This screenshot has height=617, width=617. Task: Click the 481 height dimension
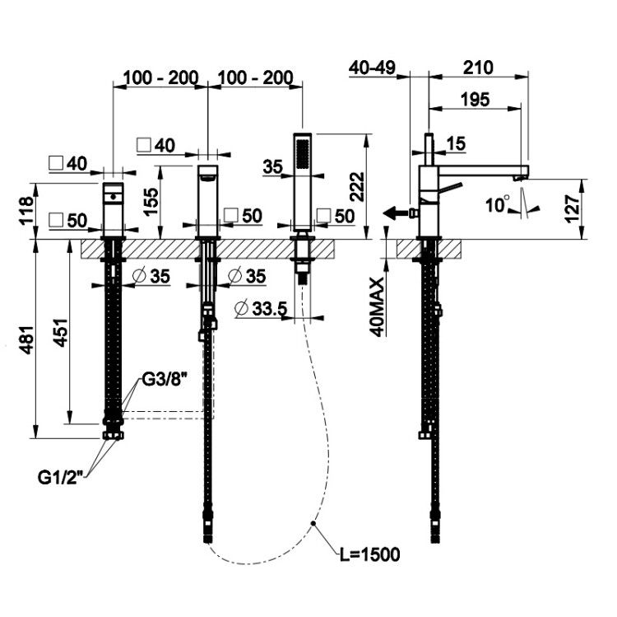point(27,339)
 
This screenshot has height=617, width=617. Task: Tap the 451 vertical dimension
point(61,333)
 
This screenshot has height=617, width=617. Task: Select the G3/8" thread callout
point(164,380)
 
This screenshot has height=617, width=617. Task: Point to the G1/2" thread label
point(61,478)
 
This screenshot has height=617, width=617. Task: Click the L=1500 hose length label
point(370,554)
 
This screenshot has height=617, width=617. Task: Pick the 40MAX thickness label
point(378,307)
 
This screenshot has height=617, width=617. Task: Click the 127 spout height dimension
point(573,208)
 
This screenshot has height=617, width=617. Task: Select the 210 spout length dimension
point(478,68)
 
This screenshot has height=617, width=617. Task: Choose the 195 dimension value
point(476,100)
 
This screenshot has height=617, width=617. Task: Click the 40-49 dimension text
point(372,68)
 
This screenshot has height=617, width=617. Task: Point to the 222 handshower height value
point(357,187)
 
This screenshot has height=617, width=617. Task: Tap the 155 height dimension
point(151,202)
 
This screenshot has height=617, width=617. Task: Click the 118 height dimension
point(27,211)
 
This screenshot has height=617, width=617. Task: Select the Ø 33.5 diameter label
point(261,308)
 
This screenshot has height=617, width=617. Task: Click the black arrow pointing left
point(397,214)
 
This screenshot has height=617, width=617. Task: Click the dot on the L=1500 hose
point(313,523)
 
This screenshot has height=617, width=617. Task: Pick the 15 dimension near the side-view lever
point(457,143)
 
